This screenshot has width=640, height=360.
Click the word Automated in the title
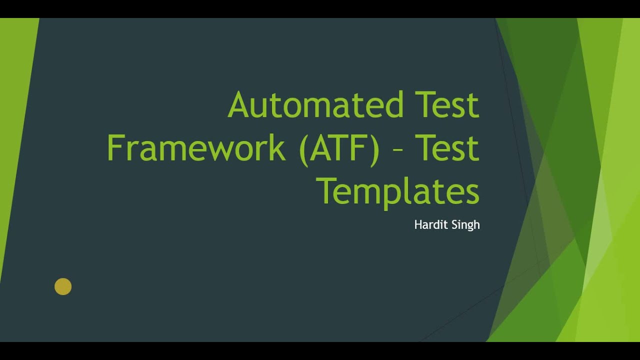pyautogui.click(x=315, y=105)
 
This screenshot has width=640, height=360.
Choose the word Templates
pyautogui.click(x=398, y=191)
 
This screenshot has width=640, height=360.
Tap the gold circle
pyautogui.click(x=63, y=286)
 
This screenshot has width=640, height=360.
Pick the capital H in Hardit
pyautogui.click(x=418, y=225)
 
